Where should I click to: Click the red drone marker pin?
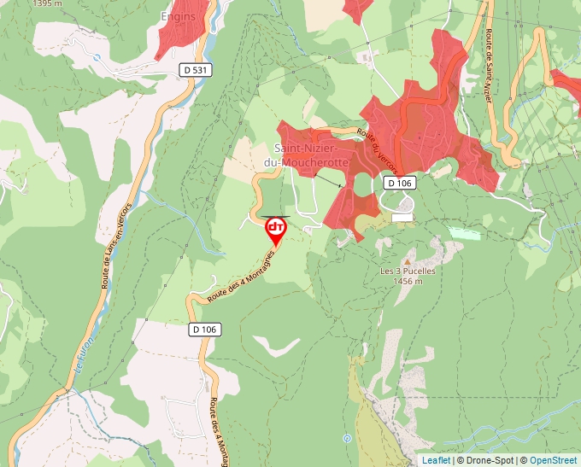click(276, 230)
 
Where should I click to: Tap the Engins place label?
click(178, 16)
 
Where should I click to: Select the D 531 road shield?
click(197, 68)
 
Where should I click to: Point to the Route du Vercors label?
click(378, 148)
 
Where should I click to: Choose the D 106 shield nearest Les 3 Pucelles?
click(399, 183)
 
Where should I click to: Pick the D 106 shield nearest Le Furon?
click(205, 329)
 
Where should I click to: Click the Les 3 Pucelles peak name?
click(408, 271)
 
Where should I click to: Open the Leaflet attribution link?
click(435, 460)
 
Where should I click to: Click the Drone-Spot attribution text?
click(487, 460)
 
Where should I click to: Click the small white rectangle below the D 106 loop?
click(402, 218)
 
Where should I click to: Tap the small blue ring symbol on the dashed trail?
click(346, 439)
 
